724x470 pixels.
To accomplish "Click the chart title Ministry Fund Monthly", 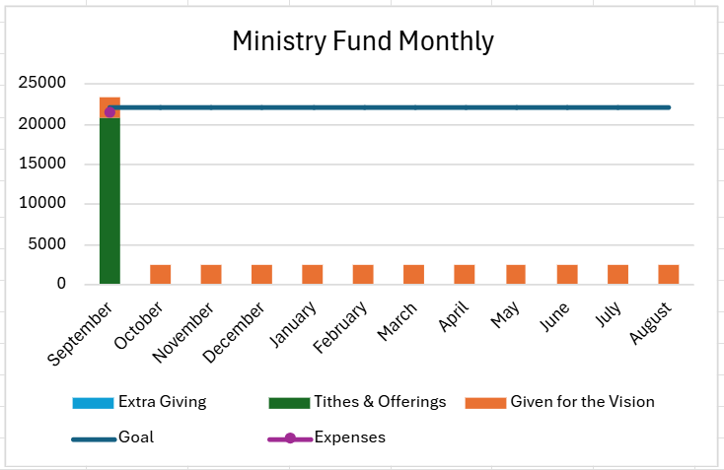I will pos(362,41).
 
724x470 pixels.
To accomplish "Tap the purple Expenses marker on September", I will pos(109,112).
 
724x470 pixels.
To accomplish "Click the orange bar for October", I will pos(160,274).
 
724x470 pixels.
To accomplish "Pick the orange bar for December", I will pos(261,274).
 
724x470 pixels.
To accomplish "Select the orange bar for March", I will pos(413,274).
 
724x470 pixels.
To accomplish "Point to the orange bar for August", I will pos(668,274).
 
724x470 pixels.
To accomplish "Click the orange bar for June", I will pos(566,274).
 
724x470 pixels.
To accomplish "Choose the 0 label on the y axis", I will pos(61,284).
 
